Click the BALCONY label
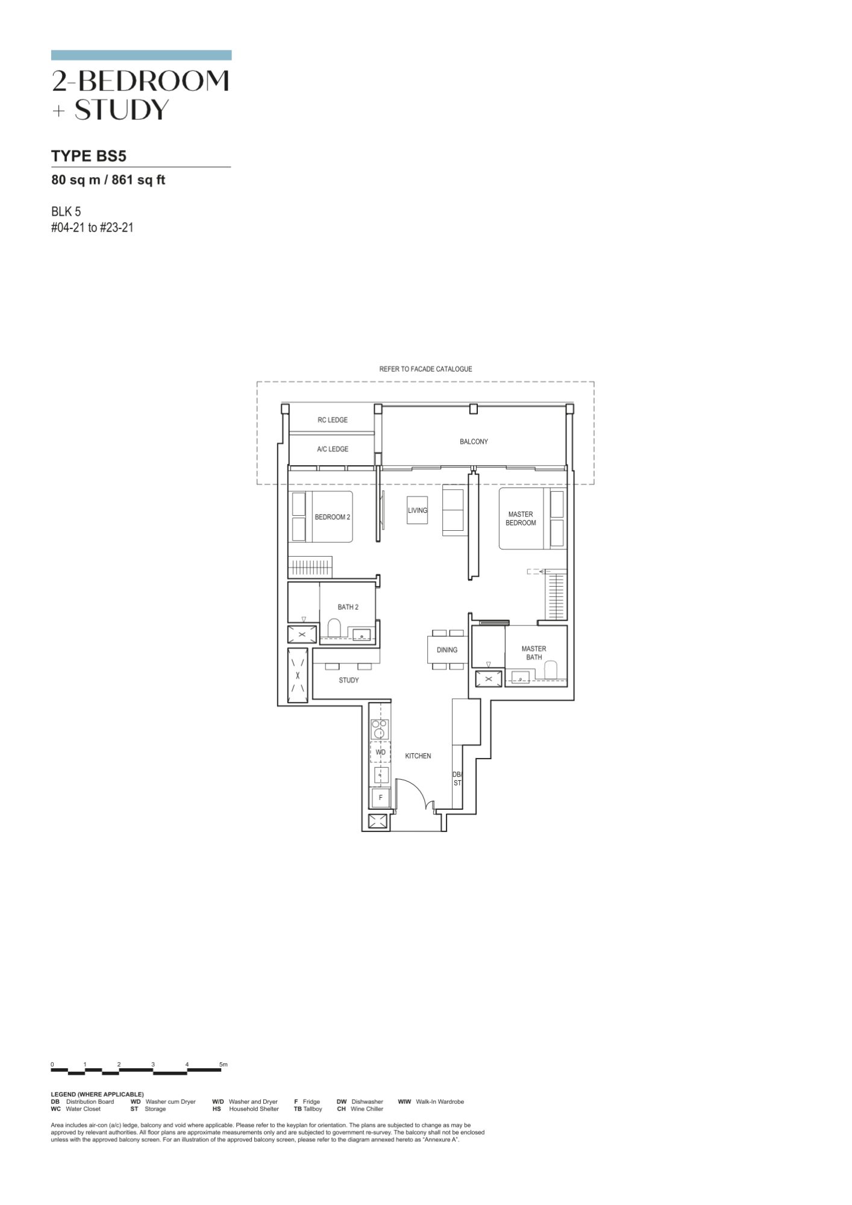pyautogui.click(x=474, y=442)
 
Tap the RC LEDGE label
pyautogui.click(x=333, y=420)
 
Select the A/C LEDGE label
pyautogui.click(x=333, y=449)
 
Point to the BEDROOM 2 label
pyautogui.click(x=332, y=517)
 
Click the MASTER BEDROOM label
pyautogui.click(x=521, y=518)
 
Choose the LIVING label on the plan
pyautogui.click(x=418, y=510)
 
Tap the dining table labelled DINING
pyautogui.click(x=447, y=649)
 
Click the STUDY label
pyautogui.click(x=348, y=680)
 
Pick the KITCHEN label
pyautogui.click(x=418, y=756)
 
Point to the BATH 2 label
pyautogui.click(x=348, y=607)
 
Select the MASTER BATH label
pyautogui.click(x=534, y=653)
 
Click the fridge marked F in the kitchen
pyautogui.click(x=380, y=798)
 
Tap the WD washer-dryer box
pyautogui.click(x=380, y=753)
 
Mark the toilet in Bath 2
pyautogui.click(x=334, y=628)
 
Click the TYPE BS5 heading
pyautogui.click(x=89, y=156)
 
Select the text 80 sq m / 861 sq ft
pyautogui.click(x=108, y=180)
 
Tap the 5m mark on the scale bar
pyautogui.click(x=224, y=1065)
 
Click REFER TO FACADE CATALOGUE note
pyautogui.click(x=425, y=369)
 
